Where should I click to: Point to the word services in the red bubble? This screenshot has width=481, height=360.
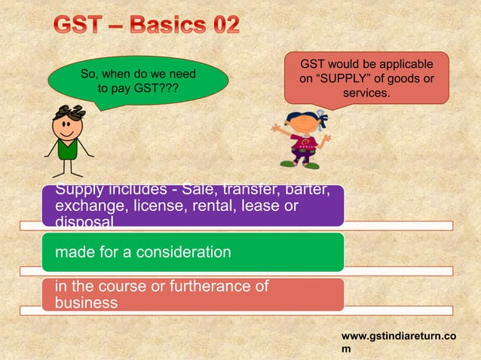(366, 94)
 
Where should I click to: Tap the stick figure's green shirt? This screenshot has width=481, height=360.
(69, 149)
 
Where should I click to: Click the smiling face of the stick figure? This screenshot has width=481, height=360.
(68, 127)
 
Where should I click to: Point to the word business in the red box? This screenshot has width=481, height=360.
(86, 303)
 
